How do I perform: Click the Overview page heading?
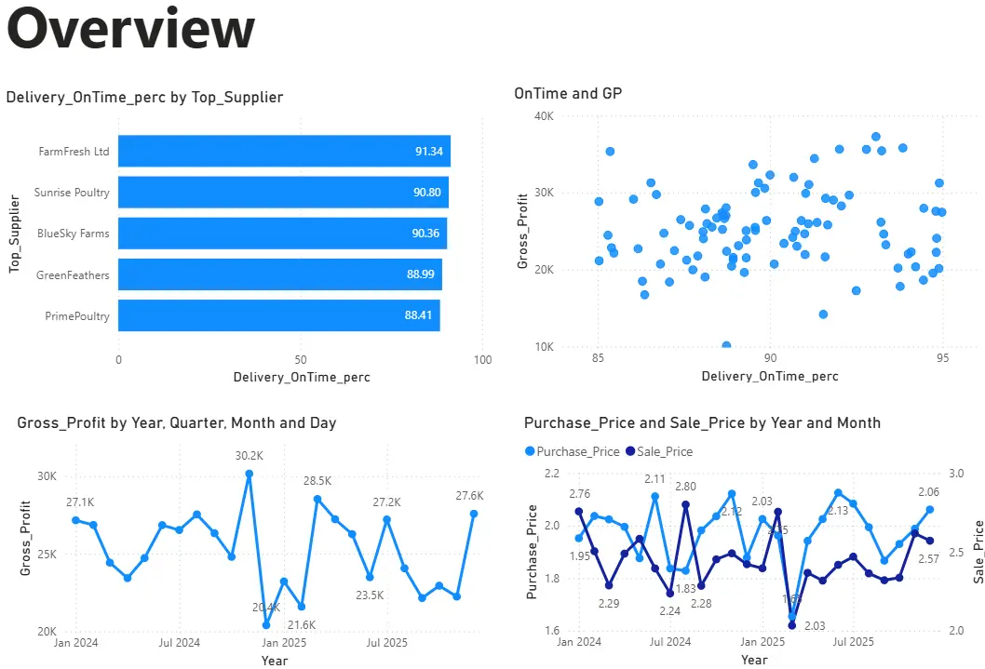click(130, 30)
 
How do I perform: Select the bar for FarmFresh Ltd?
click(284, 151)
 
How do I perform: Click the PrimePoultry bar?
click(278, 315)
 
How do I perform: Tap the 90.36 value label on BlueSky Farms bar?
click(426, 234)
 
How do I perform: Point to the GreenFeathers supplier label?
click(73, 274)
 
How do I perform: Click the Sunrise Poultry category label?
click(72, 193)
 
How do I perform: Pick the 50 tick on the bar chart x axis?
click(300, 359)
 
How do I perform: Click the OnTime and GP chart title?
click(568, 93)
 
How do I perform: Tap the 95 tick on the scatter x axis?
click(942, 358)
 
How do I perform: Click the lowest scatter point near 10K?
click(726, 346)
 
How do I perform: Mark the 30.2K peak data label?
click(249, 456)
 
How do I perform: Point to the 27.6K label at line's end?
click(468, 496)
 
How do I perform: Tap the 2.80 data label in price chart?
click(685, 487)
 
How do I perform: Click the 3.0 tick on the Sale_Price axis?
click(957, 473)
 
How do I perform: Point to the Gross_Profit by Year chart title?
click(177, 422)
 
